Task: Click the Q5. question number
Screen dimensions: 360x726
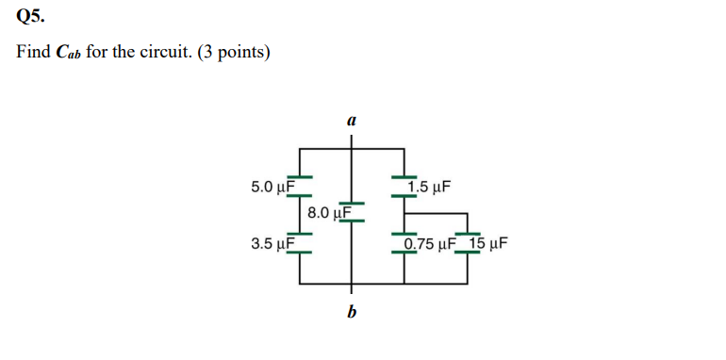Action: (x=30, y=16)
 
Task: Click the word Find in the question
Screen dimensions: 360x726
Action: (x=34, y=51)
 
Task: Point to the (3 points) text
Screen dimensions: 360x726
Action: (x=232, y=51)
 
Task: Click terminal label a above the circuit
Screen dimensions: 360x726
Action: (x=351, y=121)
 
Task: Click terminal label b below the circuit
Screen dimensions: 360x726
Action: (x=352, y=312)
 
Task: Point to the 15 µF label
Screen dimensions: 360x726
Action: (x=488, y=244)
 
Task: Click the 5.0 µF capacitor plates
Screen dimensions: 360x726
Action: (x=299, y=179)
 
